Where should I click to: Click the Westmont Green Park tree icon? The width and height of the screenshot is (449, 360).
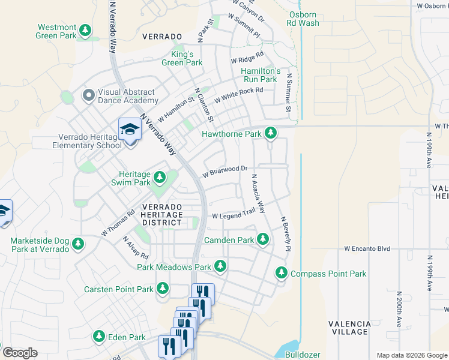(86, 29)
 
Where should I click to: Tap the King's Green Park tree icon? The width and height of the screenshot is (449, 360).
(178, 52)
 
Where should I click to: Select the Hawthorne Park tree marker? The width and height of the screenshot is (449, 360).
(271, 133)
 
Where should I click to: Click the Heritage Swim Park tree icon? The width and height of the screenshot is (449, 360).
(160, 177)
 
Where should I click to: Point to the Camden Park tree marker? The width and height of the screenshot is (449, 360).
(262, 239)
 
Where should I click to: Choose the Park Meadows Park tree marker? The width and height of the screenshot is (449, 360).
(220, 266)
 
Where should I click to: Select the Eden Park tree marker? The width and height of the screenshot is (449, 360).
(100, 337)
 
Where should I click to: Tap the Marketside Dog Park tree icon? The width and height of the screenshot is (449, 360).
(77, 244)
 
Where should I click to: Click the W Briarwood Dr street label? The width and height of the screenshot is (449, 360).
(225, 172)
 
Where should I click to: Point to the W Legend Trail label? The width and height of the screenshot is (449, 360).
(234, 215)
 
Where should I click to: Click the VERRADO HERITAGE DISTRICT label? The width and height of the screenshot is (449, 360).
(161, 214)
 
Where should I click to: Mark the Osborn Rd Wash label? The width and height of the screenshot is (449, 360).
(304, 19)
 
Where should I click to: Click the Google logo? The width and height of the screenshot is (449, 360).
(20, 353)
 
